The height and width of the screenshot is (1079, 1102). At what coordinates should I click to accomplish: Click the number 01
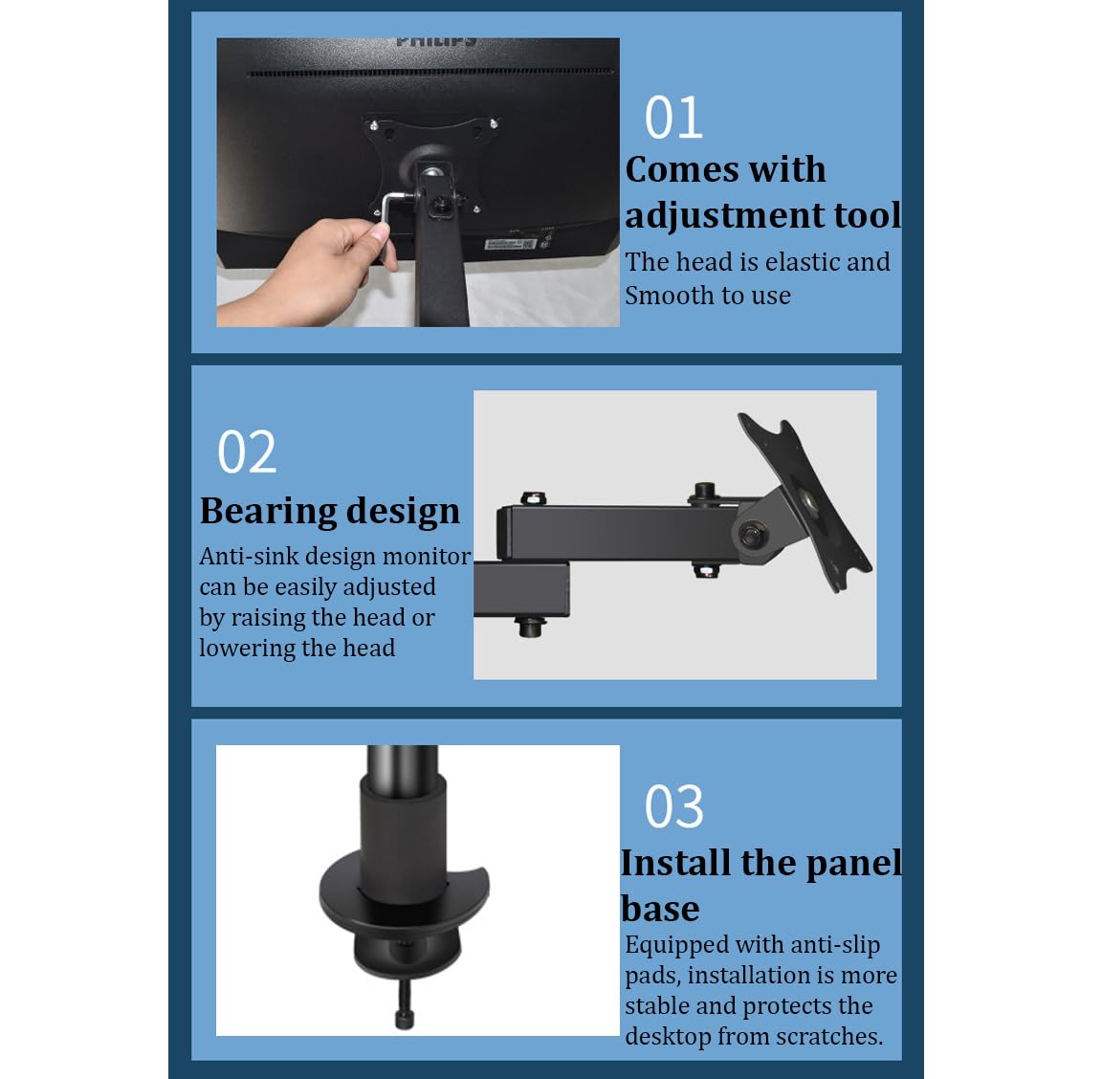[x=673, y=118]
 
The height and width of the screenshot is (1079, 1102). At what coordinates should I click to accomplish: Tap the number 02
[x=247, y=452]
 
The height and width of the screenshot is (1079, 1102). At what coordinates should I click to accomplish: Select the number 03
[x=673, y=806]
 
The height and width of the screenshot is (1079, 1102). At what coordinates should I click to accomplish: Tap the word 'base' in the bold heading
[x=660, y=908]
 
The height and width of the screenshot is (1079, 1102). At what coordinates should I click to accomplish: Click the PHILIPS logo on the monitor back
[x=436, y=41]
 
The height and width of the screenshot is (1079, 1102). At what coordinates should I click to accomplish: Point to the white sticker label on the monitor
[x=510, y=244]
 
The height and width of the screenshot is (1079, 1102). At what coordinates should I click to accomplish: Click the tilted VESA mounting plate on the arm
[x=804, y=502]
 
